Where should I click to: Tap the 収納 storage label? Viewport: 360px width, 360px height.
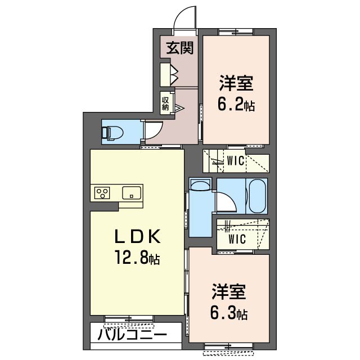165,103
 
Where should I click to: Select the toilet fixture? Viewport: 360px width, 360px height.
112,132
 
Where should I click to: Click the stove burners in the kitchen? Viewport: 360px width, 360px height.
102,193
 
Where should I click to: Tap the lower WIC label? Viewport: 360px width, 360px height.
236,238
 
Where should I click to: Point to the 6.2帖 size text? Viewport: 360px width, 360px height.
236,105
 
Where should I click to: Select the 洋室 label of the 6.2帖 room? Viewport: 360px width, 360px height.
236,85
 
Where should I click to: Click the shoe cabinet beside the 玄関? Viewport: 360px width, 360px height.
168,74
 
